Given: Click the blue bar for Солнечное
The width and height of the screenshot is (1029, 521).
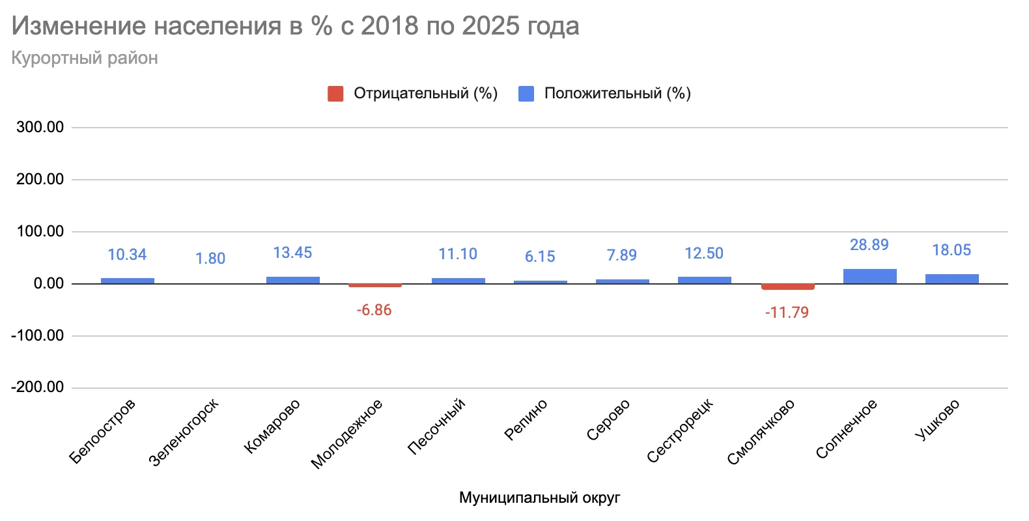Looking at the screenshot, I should pyautogui.click(x=869, y=277).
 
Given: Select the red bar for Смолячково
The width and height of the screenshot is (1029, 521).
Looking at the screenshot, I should pyautogui.click(x=787, y=287).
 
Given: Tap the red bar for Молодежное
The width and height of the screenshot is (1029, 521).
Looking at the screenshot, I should pyautogui.click(x=374, y=285).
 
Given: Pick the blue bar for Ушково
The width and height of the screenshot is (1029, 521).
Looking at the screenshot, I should pyautogui.click(x=951, y=279).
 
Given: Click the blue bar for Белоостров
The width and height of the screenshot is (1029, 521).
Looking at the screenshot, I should pyautogui.click(x=128, y=281).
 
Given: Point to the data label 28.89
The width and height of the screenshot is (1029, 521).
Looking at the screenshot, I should pyautogui.click(x=869, y=245).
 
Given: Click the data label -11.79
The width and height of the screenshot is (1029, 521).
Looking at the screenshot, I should pyautogui.click(x=787, y=313).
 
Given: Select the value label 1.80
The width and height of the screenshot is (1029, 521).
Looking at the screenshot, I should pyautogui.click(x=210, y=259).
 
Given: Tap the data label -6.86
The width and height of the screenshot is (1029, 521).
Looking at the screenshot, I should pyautogui.click(x=374, y=310).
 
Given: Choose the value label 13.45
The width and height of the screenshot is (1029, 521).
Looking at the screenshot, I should pyautogui.click(x=292, y=253).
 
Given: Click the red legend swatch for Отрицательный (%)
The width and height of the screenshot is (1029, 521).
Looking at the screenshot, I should pyautogui.click(x=335, y=94).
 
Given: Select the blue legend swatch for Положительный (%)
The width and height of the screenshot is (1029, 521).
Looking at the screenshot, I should pyautogui.click(x=526, y=94).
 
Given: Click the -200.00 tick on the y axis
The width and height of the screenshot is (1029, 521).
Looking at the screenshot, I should pyautogui.click(x=38, y=387).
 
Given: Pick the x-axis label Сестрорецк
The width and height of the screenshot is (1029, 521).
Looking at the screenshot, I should pyautogui.click(x=681, y=431).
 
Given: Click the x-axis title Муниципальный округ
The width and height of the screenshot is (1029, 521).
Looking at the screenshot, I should pyautogui.click(x=539, y=498).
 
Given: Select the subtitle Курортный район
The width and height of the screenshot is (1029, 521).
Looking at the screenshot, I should pyautogui.click(x=85, y=58).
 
